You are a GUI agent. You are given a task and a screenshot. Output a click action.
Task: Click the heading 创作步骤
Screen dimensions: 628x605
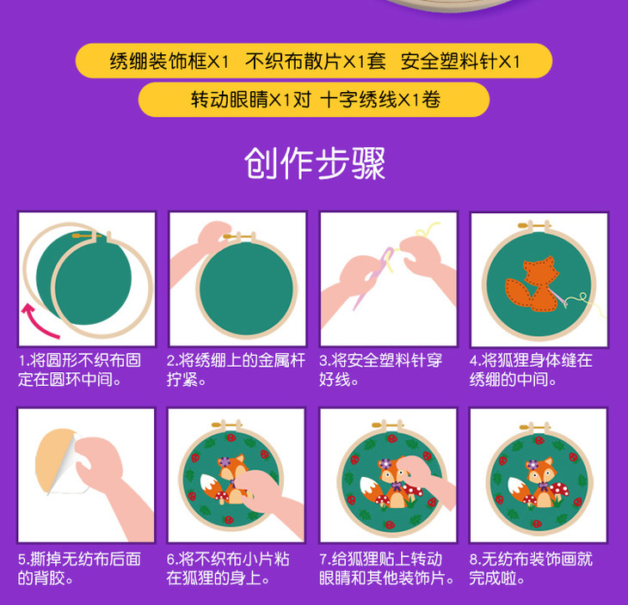[x=314, y=163]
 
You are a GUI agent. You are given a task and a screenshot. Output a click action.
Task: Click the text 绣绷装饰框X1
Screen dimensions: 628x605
[x=169, y=61]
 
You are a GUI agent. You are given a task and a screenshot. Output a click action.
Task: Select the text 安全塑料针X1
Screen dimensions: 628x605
[x=460, y=61]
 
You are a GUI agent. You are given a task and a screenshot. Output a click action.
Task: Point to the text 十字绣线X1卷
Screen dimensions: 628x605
[x=380, y=99]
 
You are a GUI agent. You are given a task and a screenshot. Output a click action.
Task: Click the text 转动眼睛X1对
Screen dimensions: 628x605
[x=250, y=99]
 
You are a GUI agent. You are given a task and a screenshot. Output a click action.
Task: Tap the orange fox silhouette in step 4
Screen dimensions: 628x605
[x=533, y=284]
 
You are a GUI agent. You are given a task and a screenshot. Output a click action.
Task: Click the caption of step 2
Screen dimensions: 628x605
[x=236, y=370]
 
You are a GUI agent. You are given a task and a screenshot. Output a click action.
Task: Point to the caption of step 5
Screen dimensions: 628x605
[x=79, y=568]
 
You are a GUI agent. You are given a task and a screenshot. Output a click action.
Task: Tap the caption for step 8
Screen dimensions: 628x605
[x=531, y=568]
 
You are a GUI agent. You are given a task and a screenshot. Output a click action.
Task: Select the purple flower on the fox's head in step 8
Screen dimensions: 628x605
[x=533, y=466]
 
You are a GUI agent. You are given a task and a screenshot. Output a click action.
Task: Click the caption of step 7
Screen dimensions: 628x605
[x=386, y=568]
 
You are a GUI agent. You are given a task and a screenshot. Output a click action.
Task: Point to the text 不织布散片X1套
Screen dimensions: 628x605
[x=316, y=61]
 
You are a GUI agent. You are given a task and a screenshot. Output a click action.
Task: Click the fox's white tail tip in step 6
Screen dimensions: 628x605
[x=209, y=484]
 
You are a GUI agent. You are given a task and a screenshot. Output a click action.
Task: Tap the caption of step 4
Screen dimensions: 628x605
[x=531, y=370]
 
